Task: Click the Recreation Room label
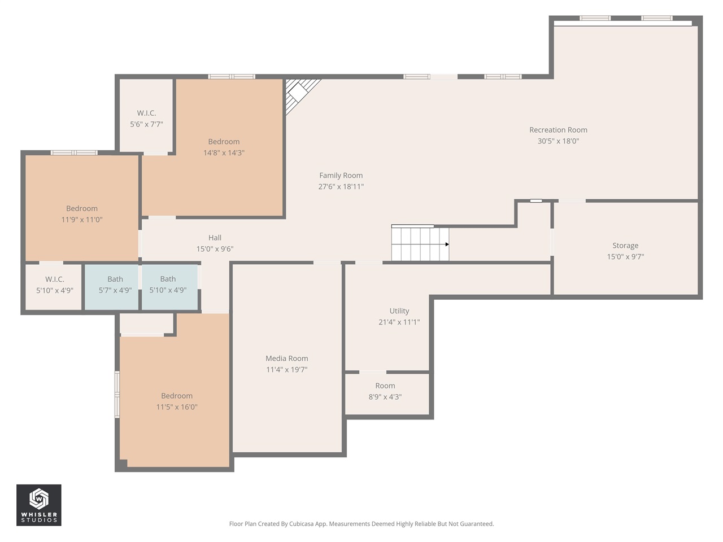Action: pos(558,130)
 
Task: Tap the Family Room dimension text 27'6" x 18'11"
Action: pos(341,186)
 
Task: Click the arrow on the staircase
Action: pos(446,244)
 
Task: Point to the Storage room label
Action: pos(625,246)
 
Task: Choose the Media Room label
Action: pos(286,359)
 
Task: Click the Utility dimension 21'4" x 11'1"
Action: pos(399,322)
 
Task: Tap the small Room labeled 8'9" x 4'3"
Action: pos(385,391)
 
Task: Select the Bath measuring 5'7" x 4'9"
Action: pos(115,285)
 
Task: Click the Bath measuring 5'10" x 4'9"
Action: pos(168,285)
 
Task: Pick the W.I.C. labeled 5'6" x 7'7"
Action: pos(146,119)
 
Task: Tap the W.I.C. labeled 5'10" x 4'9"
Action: pos(54,285)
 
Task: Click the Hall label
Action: pos(215,238)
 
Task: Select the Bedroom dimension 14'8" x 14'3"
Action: pos(224,153)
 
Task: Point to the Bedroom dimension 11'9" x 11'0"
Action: pos(82,220)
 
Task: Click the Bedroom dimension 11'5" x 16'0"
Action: pos(177,407)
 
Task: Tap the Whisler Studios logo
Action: pos(38,505)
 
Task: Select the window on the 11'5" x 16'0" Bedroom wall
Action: pos(117,394)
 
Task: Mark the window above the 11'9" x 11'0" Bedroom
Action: pos(74,152)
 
